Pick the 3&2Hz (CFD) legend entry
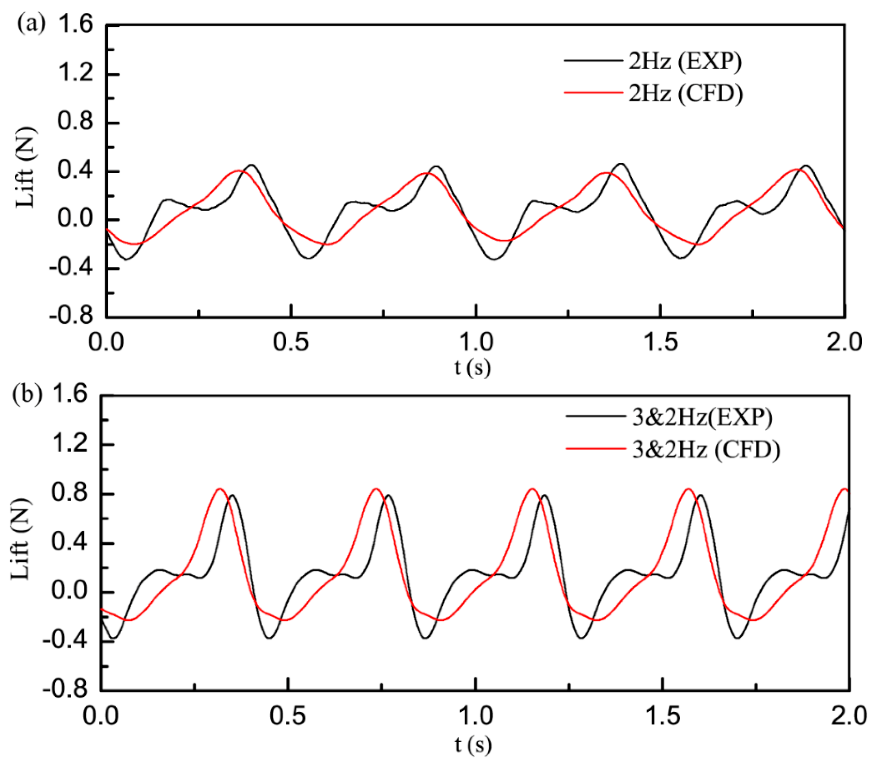pyautogui.click(x=706, y=449)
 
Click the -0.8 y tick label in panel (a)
pyautogui.click(x=71, y=317)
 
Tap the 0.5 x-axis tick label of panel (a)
pyautogui.click(x=291, y=342)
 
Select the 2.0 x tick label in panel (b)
pyautogui.click(x=849, y=716)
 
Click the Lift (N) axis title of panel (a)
pyautogui.click(x=27, y=168)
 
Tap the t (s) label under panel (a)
pyautogui.click(x=472, y=367)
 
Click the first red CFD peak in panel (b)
pyautogui.click(x=220, y=489)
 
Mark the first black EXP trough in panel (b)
pyautogui.click(x=113, y=638)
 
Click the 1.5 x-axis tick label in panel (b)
pyautogui.click(x=662, y=716)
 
